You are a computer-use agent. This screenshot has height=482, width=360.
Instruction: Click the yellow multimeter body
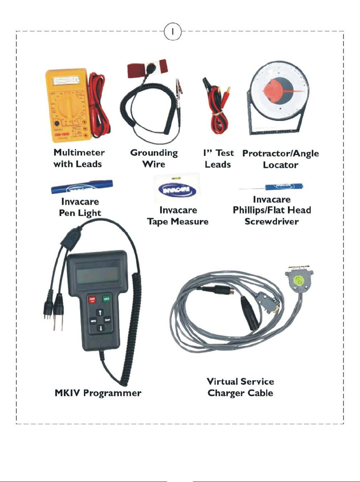point(66,107)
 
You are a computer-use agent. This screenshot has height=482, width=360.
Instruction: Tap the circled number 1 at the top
point(173,32)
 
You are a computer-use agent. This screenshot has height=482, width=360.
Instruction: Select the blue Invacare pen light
point(82,187)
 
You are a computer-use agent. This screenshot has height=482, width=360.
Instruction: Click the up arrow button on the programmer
point(100,313)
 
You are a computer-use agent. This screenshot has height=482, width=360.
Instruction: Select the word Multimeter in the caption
point(79,153)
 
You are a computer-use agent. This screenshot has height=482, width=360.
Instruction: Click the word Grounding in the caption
point(154,153)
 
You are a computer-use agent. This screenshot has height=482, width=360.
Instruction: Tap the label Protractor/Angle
point(280,153)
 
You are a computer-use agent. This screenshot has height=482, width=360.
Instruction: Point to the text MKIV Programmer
point(98,393)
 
